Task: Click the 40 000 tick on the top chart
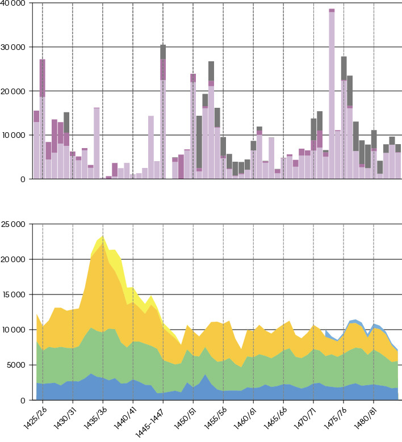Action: click(12, 3)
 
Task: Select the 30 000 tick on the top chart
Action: click(12, 47)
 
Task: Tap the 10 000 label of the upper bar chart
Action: click(12, 135)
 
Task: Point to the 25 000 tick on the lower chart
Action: click(12, 225)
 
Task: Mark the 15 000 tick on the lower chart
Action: click(12, 295)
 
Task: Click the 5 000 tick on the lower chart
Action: click(15, 365)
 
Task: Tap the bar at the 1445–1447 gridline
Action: click(163, 113)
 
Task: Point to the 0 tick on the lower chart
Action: click(22, 401)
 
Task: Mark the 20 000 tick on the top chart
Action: click(12, 91)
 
